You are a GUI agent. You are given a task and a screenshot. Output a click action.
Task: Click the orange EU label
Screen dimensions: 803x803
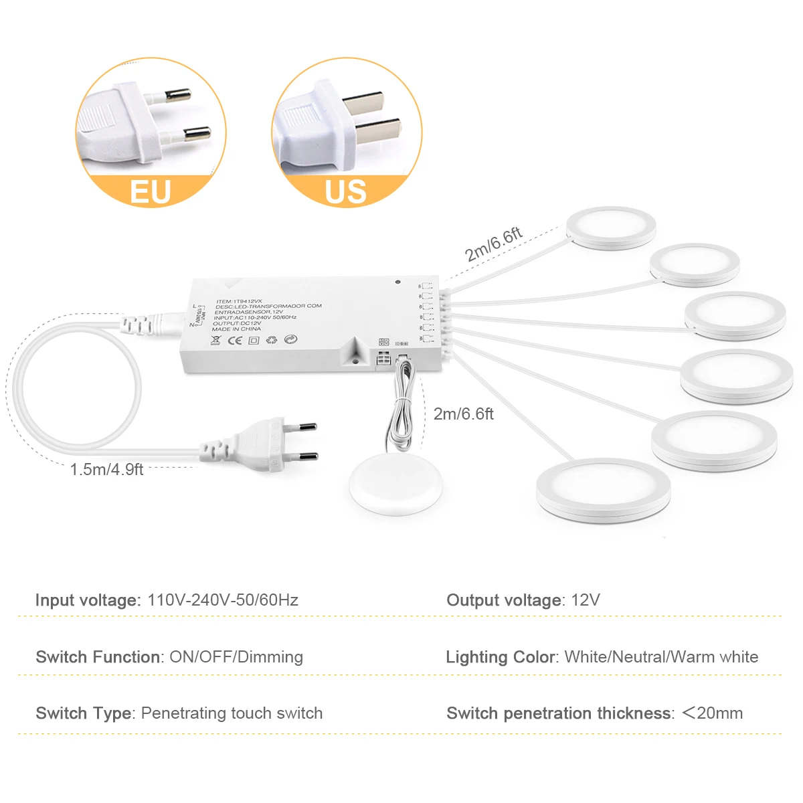pos(151,191)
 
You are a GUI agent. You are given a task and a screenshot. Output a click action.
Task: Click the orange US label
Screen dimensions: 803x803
pos(346,191)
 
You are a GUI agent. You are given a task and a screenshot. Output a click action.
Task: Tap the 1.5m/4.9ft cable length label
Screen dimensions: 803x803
pos(106,470)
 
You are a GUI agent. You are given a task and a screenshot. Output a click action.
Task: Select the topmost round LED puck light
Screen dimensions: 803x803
pos(611,228)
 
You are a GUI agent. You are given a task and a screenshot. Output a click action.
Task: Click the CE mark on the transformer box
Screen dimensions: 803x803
pos(235,341)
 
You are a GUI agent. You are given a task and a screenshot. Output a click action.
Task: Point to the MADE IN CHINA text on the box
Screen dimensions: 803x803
pos(236,329)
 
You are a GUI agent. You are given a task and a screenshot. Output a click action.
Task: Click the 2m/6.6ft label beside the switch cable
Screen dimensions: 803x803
pos(464,414)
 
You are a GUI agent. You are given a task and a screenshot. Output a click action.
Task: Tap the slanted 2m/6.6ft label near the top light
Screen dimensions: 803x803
pos(493,245)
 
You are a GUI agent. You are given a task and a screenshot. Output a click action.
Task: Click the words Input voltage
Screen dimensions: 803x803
pos(88,600)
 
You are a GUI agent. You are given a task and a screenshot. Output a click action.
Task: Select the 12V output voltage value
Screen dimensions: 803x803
pos(586,600)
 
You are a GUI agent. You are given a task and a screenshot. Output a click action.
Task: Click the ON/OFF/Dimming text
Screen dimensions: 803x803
pos(236,657)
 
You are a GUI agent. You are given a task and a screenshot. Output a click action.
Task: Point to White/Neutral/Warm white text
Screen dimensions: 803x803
pos(661,657)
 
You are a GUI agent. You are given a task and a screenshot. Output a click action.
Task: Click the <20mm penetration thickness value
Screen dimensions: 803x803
pos(713,713)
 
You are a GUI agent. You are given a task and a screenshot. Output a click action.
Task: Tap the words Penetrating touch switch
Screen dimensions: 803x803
pos(232,713)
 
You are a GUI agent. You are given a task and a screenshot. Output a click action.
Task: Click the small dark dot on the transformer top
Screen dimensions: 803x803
pos(397,282)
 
